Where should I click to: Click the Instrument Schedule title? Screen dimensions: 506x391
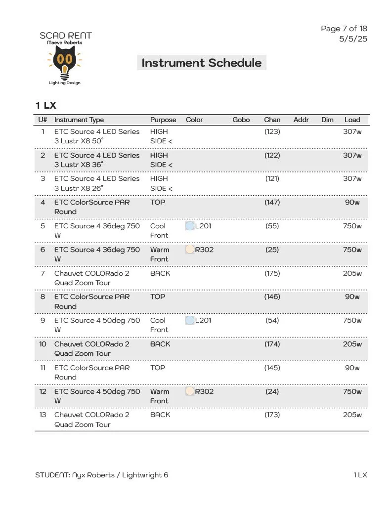[x=201, y=63]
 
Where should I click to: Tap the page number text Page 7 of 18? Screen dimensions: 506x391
[x=344, y=29]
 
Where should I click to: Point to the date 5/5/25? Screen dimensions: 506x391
[x=353, y=39]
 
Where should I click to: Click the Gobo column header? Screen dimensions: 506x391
[x=241, y=120]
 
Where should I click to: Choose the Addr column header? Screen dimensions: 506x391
[x=301, y=120]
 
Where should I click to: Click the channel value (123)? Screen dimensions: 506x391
[x=272, y=131]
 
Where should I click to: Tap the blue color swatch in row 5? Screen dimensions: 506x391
[x=190, y=226]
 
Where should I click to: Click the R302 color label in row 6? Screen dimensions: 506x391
[x=204, y=250]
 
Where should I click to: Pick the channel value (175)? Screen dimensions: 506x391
[x=272, y=273]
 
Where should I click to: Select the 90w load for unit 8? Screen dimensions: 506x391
[x=352, y=296]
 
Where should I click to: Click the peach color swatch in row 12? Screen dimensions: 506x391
[x=190, y=391]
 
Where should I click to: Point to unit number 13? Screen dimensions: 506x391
[x=43, y=415]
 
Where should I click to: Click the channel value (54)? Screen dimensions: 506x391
[x=272, y=320]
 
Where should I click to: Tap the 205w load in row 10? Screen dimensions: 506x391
[x=352, y=344]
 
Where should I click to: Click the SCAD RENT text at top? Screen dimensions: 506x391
[x=66, y=36]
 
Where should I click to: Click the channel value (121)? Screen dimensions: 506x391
[x=272, y=178]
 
